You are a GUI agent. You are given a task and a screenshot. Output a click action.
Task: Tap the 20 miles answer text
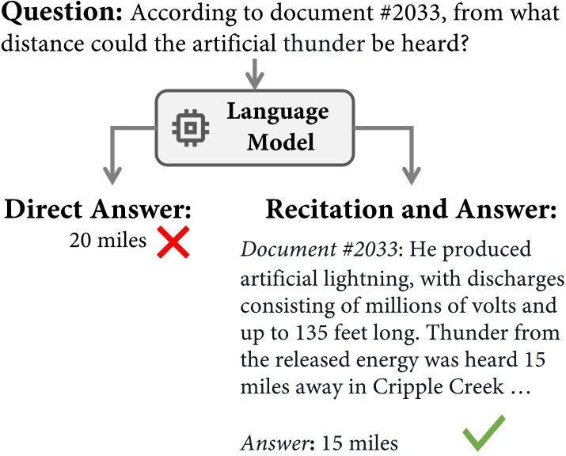click(108, 241)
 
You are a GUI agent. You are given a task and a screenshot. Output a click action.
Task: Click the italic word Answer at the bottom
click(268, 440)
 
